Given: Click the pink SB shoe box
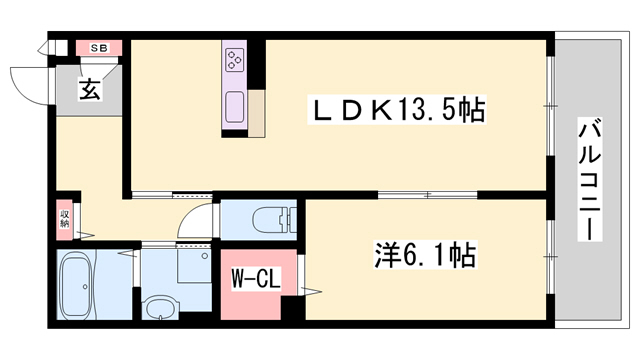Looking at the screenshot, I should [100, 48].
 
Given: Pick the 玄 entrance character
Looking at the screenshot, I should [89, 90].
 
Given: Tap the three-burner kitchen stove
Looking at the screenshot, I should [236, 59].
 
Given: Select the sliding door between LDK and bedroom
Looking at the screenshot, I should [430, 194].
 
